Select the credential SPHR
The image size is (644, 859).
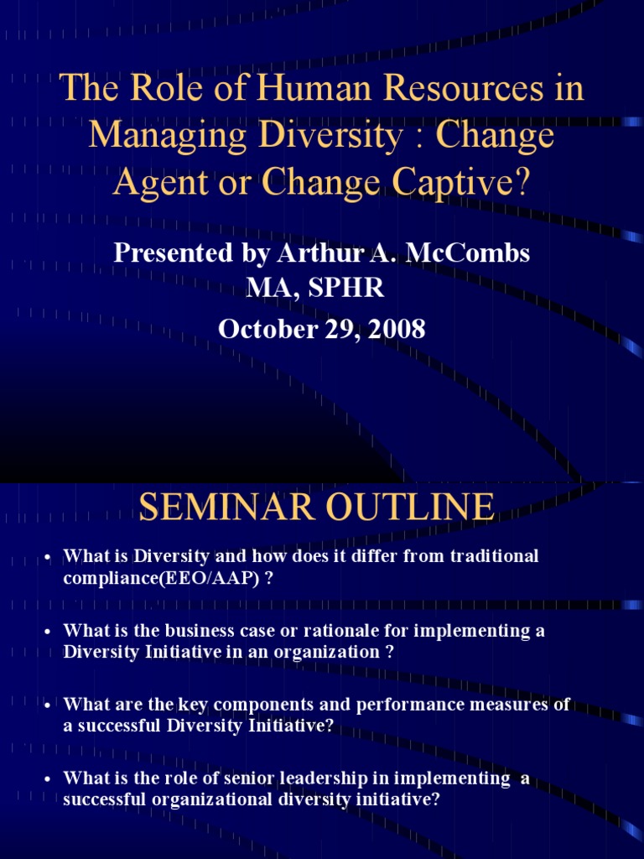click(x=345, y=289)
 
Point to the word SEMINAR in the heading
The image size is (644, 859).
click(x=226, y=507)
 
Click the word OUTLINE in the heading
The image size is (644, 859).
click(x=410, y=507)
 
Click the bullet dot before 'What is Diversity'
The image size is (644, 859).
click(x=48, y=558)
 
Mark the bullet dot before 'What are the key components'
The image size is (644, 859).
click(x=48, y=705)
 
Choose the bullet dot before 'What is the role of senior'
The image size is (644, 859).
click(x=48, y=779)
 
